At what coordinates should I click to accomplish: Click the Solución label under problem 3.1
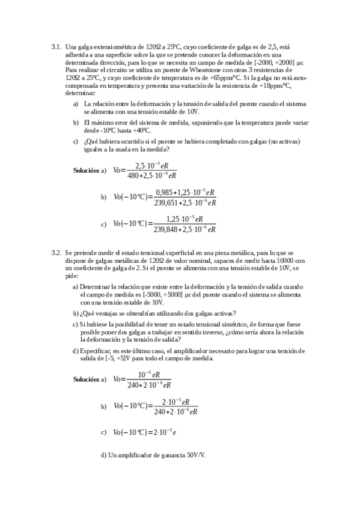(86, 170)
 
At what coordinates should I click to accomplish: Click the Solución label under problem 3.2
(86, 379)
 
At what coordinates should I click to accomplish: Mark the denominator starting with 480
(151, 176)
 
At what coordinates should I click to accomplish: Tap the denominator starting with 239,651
(185, 203)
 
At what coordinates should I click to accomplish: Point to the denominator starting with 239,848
(185, 229)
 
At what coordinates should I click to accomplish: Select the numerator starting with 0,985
(185, 192)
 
